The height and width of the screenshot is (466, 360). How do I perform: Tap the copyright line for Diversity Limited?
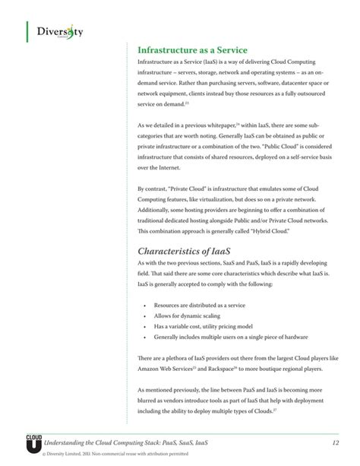click(104, 456)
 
